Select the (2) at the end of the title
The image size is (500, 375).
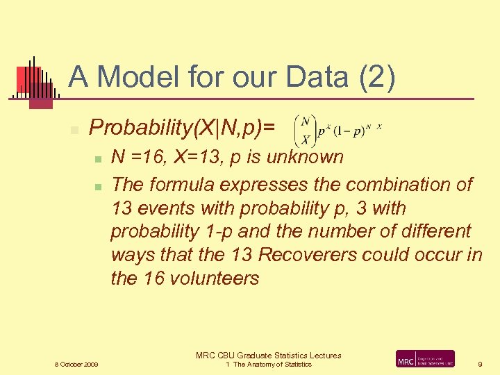pyautogui.click(x=377, y=76)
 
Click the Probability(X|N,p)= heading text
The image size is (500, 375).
pyautogui.click(x=182, y=127)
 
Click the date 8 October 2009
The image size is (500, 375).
pyautogui.click(x=76, y=365)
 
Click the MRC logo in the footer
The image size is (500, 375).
pyautogui.click(x=425, y=359)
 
